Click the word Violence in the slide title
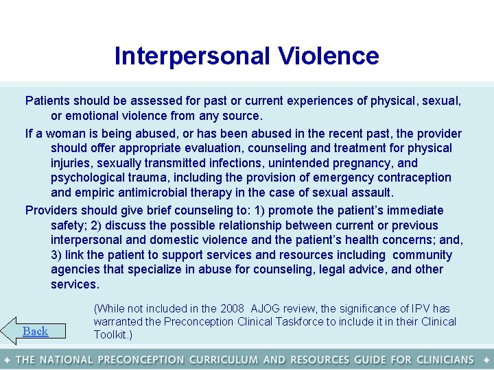point(328,56)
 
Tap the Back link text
point(35,331)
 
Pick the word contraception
point(416,177)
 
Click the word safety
point(71,225)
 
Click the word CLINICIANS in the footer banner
point(438,360)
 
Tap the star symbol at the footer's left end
point(6,360)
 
